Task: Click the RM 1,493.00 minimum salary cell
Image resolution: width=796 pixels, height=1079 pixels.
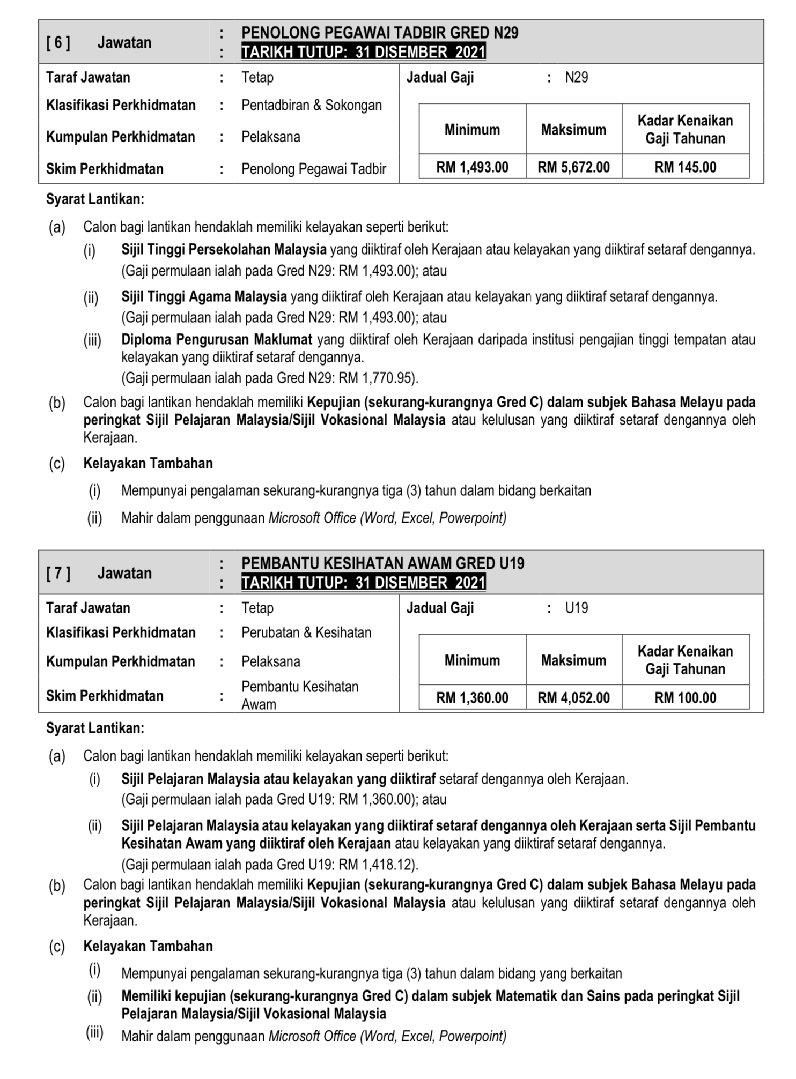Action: pos(472,167)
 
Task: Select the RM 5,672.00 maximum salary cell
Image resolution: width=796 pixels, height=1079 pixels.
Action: pos(573,167)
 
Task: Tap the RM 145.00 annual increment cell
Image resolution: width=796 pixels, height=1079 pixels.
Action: pos(685,167)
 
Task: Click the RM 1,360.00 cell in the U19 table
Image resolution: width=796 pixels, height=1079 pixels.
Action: pos(472,698)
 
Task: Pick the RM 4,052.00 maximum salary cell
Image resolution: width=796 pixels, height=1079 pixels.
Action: pos(573,698)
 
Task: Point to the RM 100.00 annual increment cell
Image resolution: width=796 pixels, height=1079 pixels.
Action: pos(685,698)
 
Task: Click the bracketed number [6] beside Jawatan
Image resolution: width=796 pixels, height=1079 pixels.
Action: pos(58,42)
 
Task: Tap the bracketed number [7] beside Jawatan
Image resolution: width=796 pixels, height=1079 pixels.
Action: pos(58,574)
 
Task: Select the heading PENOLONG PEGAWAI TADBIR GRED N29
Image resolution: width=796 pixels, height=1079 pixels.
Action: pos(380,33)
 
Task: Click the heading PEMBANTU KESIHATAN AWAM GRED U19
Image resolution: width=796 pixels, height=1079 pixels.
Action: pos(382,563)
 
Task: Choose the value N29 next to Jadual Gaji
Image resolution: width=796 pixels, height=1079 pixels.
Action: pos(577,78)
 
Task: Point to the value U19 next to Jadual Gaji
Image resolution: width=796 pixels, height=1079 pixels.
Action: pos(577,608)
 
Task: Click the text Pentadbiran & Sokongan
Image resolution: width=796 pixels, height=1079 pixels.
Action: pos(311,105)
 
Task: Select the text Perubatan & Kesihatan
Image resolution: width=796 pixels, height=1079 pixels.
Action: pos(306,633)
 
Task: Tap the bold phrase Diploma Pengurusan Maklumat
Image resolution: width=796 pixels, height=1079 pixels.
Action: pos(216,339)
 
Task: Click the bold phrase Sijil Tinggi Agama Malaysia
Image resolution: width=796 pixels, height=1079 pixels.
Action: pos(204,296)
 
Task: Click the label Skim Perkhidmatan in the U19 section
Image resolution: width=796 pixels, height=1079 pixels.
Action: pos(105,696)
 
